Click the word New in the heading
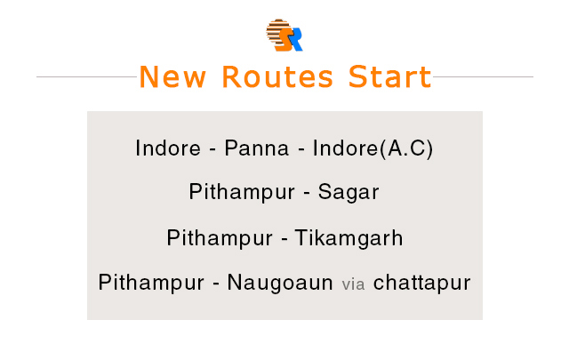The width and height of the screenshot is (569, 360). point(172,77)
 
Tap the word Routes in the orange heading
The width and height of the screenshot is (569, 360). point(277,77)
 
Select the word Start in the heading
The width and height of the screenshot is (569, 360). point(389,77)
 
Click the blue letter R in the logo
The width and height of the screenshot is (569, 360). point(295,39)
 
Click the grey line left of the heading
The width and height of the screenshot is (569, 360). point(87,77)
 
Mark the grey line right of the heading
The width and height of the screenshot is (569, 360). point(483,77)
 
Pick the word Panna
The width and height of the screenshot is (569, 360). point(257,148)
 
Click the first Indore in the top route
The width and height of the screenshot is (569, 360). point(168,148)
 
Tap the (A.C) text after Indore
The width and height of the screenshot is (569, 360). point(406,148)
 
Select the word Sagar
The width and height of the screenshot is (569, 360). point(349,192)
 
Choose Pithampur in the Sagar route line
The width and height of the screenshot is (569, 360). point(242,192)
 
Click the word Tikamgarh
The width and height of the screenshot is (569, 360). point(349,238)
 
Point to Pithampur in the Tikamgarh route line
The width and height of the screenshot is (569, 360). point(220,238)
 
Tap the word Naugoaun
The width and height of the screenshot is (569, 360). point(280,283)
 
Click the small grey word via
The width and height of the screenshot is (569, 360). point(353,284)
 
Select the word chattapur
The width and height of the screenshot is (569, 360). point(421,283)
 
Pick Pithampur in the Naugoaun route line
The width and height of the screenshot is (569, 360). point(151,283)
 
